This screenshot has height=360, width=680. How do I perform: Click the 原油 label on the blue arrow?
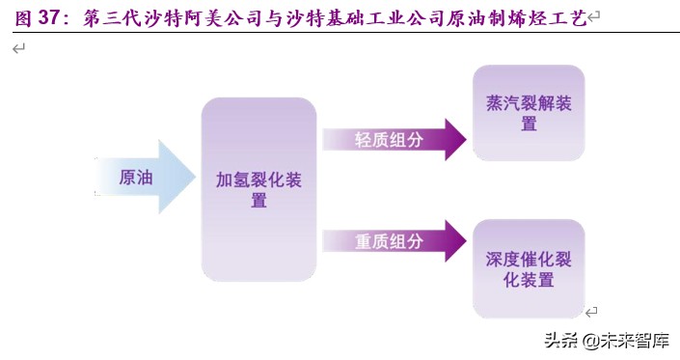[135, 178]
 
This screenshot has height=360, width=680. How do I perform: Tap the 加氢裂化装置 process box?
[258, 189]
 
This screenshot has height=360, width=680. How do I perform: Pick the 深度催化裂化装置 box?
[529, 269]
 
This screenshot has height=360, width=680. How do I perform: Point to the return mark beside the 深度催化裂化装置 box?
[592, 311]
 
